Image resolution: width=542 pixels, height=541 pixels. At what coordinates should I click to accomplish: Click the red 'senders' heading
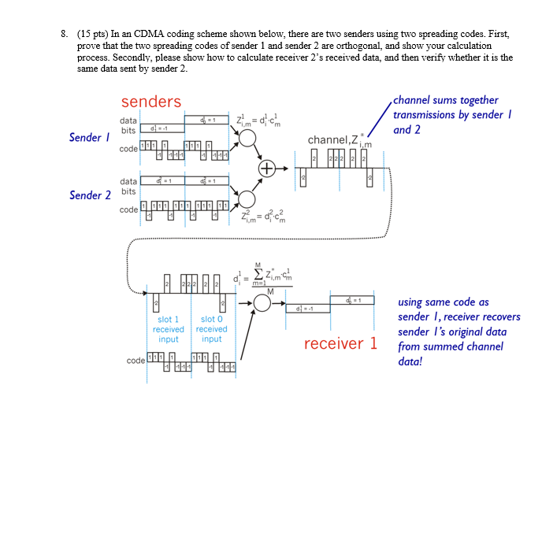click(150, 102)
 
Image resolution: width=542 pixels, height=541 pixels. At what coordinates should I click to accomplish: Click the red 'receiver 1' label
click(341, 343)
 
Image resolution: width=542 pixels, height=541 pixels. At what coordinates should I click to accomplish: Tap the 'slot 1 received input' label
click(169, 329)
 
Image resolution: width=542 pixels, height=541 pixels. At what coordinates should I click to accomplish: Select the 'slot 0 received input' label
click(211, 329)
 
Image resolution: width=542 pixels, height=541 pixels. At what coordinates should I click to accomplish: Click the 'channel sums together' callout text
click(445, 100)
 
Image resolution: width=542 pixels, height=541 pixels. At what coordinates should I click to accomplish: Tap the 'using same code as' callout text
click(443, 302)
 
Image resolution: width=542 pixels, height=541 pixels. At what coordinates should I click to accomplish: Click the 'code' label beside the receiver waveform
click(135, 361)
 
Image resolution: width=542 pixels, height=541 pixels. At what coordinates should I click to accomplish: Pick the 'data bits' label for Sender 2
click(128, 187)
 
